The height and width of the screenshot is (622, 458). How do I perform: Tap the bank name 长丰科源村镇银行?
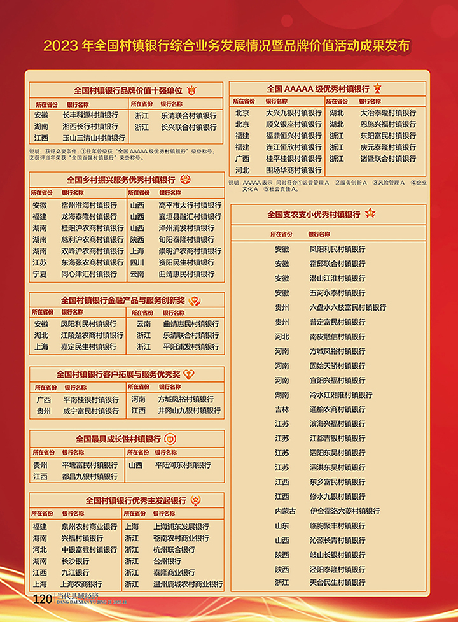(x=90, y=115)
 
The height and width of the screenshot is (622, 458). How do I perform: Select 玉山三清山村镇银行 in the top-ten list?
(x=93, y=138)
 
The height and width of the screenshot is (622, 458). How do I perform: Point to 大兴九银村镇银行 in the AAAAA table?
(x=293, y=113)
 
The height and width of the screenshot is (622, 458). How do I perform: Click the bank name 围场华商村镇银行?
(x=293, y=170)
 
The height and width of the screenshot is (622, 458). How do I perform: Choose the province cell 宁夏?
(x=39, y=274)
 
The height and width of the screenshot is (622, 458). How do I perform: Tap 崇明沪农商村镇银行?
(x=186, y=251)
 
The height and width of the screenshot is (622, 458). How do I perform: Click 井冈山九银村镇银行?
(x=189, y=411)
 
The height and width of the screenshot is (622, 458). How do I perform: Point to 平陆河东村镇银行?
(x=183, y=465)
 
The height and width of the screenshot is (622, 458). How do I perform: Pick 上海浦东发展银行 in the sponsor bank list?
(x=181, y=527)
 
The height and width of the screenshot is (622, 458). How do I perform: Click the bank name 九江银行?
(x=75, y=572)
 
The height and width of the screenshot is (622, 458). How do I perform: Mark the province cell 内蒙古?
(x=285, y=511)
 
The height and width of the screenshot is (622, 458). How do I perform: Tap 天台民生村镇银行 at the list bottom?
(x=337, y=583)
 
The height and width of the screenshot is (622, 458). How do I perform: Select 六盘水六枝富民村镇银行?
(x=347, y=307)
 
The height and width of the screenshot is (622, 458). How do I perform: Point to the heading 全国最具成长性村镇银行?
(x=118, y=439)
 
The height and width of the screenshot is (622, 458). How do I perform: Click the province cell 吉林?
(x=282, y=409)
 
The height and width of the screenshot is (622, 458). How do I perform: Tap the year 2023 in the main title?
(x=61, y=46)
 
